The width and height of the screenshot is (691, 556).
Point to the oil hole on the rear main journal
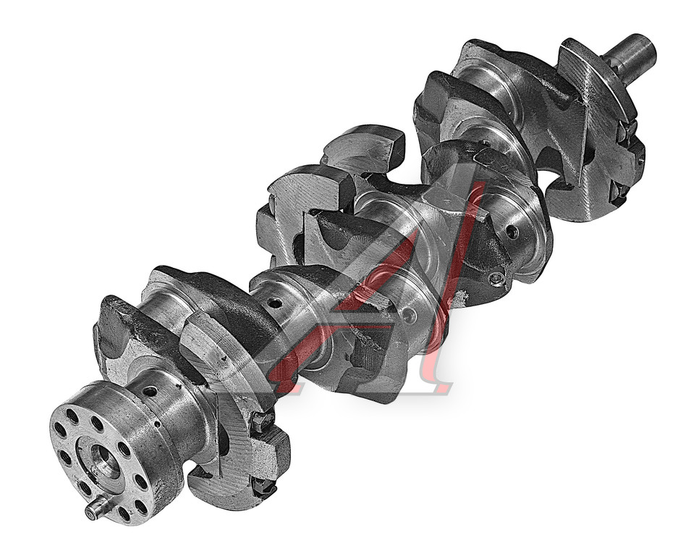point(150,392)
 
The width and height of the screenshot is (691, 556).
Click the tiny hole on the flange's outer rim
point(158,425)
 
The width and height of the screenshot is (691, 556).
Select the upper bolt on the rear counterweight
point(262,421)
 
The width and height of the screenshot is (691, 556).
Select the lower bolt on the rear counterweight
point(263,486)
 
